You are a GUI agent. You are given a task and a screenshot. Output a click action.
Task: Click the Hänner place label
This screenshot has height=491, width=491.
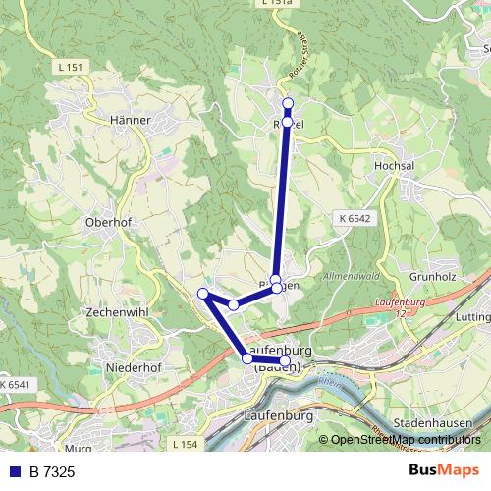pyautogui.click(x=131, y=120)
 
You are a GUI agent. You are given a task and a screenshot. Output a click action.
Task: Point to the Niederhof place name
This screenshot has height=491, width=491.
pyautogui.click(x=133, y=368)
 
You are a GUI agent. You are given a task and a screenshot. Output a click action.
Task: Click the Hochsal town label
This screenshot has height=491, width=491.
pyautogui.click(x=394, y=167)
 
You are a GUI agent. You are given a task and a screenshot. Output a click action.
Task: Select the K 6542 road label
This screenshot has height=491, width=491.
pyautogui.click(x=351, y=218)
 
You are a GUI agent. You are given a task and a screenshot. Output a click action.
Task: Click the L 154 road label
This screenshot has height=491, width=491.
pyautogui.click(x=183, y=445)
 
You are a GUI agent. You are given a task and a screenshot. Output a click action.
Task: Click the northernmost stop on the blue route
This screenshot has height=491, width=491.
pyautogui.click(x=288, y=103)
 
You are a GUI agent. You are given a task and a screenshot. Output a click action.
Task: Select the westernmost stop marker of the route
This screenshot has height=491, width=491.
pyautogui.click(x=203, y=294)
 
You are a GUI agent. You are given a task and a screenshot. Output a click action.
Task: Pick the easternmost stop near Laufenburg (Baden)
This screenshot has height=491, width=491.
pyautogui.click(x=286, y=361)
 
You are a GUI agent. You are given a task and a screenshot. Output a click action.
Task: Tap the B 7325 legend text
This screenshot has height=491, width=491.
pyautogui.click(x=52, y=473)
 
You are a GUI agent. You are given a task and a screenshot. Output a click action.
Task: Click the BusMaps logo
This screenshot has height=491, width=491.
pyautogui.click(x=444, y=471)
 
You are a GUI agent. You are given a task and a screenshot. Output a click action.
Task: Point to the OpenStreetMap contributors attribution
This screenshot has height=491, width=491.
pyautogui.click(x=407, y=440)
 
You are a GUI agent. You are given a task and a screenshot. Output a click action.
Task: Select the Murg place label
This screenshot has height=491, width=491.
pyautogui.click(x=81, y=449)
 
